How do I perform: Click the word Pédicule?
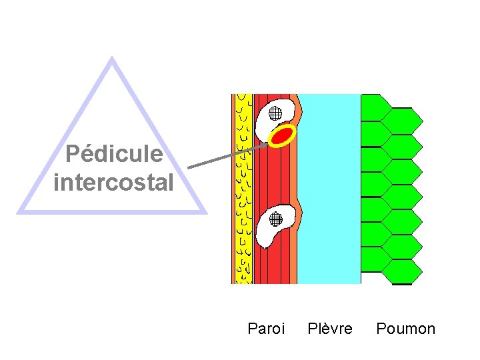tap(114, 155)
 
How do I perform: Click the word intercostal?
tap(113, 182)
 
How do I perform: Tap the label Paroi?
tap(266, 329)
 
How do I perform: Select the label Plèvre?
tap(330, 329)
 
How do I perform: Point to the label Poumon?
tap(405, 329)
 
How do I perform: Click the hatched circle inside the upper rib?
tap(276, 113)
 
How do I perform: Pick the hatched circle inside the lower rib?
tap(274, 217)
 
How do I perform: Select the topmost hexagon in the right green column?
tap(406, 121)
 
